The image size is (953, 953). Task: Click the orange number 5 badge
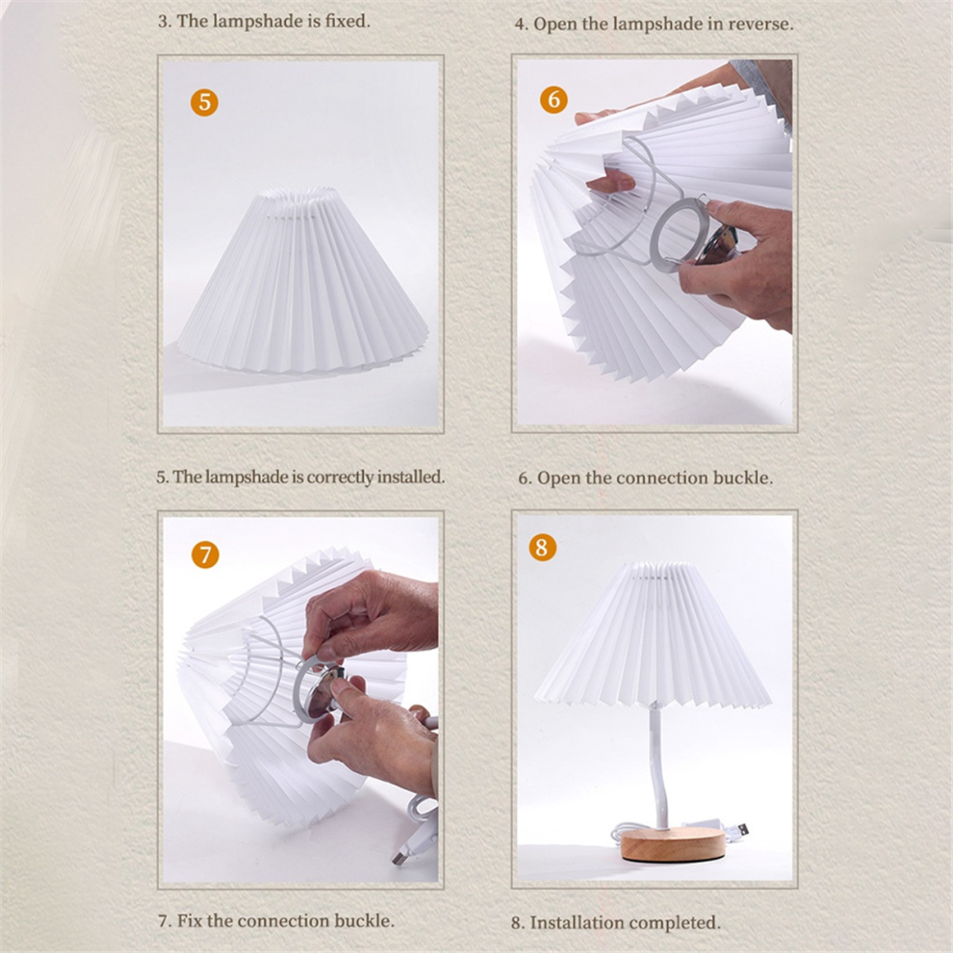pyautogui.click(x=204, y=102)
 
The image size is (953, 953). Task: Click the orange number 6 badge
pyautogui.click(x=554, y=99)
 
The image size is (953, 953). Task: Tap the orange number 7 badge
pyautogui.click(x=205, y=554)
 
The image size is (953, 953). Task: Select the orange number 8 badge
pyautogui.click(x=542, y=547)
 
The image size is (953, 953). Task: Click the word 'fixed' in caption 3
pyautogui.click(x=347, y=21)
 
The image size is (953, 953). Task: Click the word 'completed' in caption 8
pyautogui.click(x=675, y=922)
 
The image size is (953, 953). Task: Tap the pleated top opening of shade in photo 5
pyautogui.click(x=296, y=201)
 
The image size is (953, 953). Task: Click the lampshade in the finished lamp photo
pyautogui.click(x=653, y=635)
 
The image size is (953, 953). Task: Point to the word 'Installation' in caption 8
pyautogui.click(x=577, y=922)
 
